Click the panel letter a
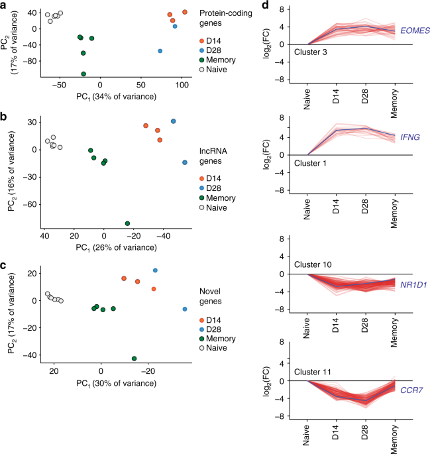(5, 6)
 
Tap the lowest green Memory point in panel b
(127, 223)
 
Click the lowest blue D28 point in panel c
(184, 310)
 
